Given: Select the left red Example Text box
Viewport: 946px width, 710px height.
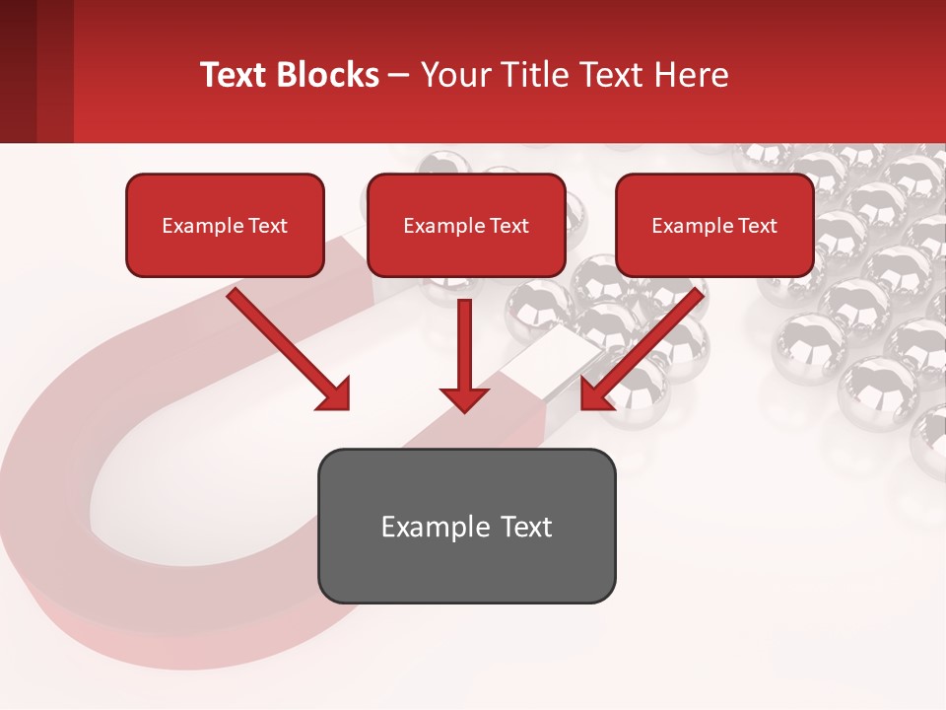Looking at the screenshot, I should coord(225,225).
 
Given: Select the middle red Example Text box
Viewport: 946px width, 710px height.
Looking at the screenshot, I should coord(466,225).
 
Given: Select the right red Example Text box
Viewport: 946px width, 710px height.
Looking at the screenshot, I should coord(714,225).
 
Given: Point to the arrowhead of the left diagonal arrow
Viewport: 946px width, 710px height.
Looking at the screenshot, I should coord(335,394).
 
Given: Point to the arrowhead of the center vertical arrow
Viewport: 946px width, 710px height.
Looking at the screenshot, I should coord(464,399).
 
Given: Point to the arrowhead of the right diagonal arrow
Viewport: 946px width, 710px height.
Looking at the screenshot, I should coord(596,394).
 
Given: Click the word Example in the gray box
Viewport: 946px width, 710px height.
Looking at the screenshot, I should coord(422,527).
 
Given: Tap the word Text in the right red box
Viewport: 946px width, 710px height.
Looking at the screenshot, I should coord(757,226).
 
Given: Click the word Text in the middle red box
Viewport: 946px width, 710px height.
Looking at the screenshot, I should coord(508,226).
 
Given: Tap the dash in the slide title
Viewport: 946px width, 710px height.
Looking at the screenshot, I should coord(399,75).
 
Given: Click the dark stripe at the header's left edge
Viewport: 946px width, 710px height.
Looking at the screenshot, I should coord(18,71).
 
